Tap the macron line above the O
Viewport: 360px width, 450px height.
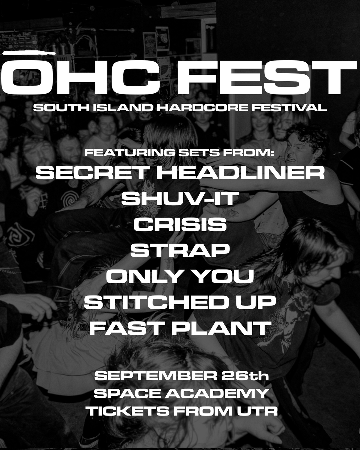29,53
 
